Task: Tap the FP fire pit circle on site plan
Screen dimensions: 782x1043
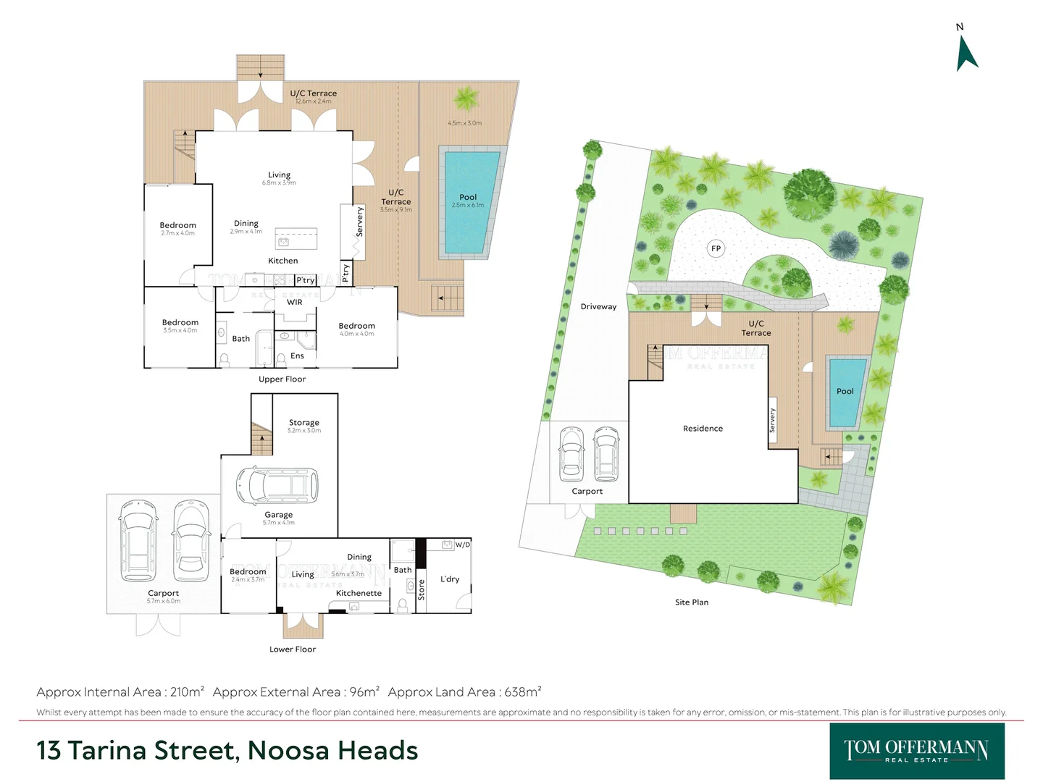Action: tap(716, 248)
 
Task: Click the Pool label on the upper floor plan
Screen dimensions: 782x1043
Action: tap(468, 197)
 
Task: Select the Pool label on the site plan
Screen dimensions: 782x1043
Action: tap(845, 391)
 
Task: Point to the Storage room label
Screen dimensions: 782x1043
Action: tap(303, 423)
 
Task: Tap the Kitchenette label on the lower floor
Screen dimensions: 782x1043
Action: tap(359, 593)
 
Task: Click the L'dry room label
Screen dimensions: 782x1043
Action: tap(450, 579)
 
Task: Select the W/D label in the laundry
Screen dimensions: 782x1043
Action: tap(462, 545)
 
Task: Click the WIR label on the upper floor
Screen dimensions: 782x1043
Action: tap(294, 303)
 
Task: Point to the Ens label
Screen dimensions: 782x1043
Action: tap(297, 356)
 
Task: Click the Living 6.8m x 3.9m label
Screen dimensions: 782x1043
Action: tap(279, 178)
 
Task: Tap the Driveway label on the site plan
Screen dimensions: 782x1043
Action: tap(598, 307)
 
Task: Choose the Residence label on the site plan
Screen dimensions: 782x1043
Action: tap(703, 429)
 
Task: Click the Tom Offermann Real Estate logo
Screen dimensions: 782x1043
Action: tap(916, 751)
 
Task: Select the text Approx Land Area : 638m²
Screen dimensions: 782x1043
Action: tap(464, 692)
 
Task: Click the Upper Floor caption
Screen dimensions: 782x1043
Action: tap(282, 379)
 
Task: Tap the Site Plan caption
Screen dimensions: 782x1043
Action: tap(691, 602)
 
